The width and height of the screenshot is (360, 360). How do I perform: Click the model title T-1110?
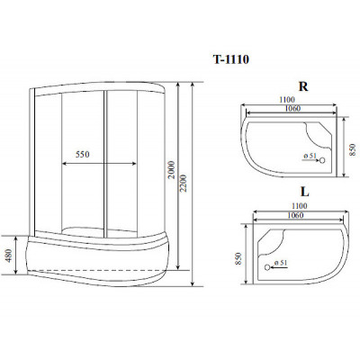(x=231, y=59)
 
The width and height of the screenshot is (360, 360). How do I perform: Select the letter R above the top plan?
(x=303, y=86)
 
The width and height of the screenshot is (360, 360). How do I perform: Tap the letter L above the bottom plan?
(x=304, y=192)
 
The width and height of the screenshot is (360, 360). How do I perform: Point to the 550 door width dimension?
(x=83, y=154)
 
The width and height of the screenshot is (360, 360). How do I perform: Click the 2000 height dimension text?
(x=171, y=170)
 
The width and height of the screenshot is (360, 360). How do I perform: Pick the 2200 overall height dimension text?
(x=184, y=183)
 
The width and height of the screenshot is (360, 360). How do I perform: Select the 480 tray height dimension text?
(x=9, y=256)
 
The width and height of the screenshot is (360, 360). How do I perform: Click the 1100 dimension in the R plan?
(x=287, y=100)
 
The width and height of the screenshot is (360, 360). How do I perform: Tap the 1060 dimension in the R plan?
(x=292, y=108)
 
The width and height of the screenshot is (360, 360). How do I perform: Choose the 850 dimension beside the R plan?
(x=353, y=149)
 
